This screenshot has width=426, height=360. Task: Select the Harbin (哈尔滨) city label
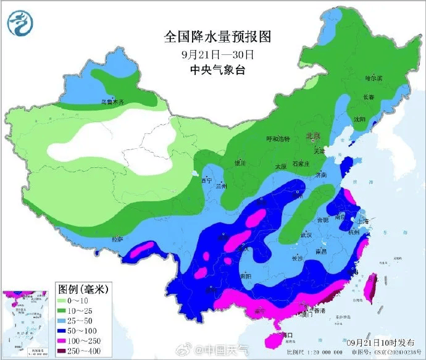tap(374, 78)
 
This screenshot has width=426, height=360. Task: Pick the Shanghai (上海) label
tap(365, 221)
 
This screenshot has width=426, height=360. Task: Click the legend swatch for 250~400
tap(66, 351)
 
